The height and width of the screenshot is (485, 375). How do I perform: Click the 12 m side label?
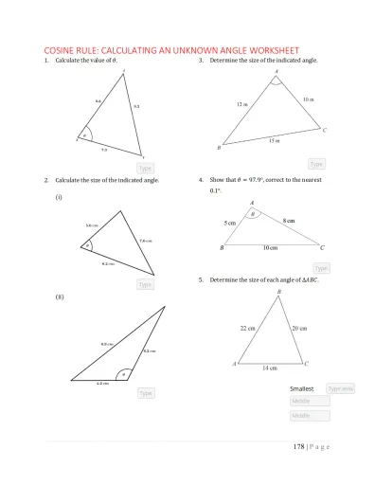tap(242, 104)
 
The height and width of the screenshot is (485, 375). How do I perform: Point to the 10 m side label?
tap(309, 99)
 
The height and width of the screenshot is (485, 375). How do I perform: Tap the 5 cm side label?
tap(230, 222)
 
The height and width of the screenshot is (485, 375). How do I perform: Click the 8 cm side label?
tap(289, 220)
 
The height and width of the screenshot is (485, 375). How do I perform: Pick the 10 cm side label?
tap(271, 247)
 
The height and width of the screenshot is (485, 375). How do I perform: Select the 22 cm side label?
tap(248, 328)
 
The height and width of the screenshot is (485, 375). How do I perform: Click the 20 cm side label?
tap(299, 328)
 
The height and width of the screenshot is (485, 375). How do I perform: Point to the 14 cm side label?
tap(269, 368)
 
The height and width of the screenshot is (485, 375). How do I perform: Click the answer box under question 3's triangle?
tap(317, 164)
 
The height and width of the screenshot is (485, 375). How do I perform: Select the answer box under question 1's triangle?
tap(145, 168)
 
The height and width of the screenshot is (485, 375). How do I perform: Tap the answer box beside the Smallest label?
tap(340, 388)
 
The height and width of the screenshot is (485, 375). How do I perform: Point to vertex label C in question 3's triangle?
tap(325, 130)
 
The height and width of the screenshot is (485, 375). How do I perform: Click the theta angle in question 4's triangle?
tap(252, 214)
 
